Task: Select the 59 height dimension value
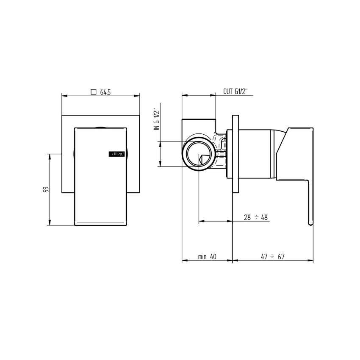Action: coord(46,189)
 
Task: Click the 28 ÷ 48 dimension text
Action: coord(256,217)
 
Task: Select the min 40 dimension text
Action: coord(207,257)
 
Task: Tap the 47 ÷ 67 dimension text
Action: coord(272,257)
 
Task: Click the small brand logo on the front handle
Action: coord(116,155)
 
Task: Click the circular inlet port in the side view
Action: coord(198,153)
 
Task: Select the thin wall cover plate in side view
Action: coord(236,154)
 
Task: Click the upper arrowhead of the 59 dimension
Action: coord(50,156)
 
